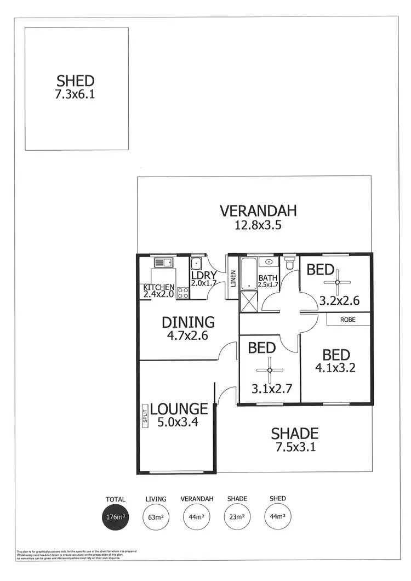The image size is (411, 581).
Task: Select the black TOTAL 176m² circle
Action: (116, 517)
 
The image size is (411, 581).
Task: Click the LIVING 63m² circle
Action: (156, 517)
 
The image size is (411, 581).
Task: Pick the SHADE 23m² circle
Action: (237, 517)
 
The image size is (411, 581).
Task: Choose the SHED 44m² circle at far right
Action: (277, 517)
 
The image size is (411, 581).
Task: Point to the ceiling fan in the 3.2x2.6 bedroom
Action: (336, 282)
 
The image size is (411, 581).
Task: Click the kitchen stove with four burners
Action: (183, 292)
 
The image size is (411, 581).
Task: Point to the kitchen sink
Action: (163, 262)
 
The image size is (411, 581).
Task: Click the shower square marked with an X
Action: (248, 301)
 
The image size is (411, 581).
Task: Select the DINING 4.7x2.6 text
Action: (188, 327)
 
